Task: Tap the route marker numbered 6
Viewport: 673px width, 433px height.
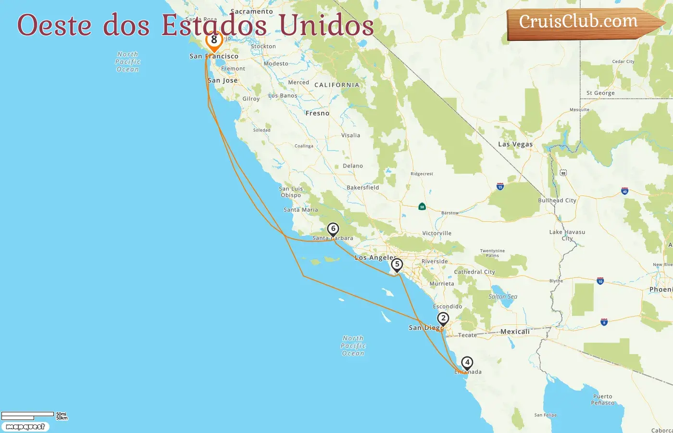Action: pos(333,229)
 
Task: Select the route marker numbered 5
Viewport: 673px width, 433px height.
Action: pos(397,265)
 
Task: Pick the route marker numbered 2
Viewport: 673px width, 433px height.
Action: pos(443,318)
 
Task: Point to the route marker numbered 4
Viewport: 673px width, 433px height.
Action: pos(467,362)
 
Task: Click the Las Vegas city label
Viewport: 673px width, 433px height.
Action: pos(515,144)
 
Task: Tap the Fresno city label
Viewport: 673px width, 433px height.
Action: pos(317,114)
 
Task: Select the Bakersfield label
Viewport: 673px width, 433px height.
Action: pos(362,188)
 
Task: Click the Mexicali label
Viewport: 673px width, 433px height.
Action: pos(515,331)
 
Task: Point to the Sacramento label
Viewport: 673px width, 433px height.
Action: pos(251,12)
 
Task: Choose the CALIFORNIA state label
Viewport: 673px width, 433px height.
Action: pos(336,85)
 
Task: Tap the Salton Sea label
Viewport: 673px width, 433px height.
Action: pos(503,296)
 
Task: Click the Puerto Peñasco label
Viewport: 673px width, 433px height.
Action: pos(602,400)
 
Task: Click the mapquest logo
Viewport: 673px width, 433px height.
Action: pos(25,427)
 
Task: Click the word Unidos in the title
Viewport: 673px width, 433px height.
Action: pos(326,25)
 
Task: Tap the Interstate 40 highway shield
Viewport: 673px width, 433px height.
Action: pos(624,191)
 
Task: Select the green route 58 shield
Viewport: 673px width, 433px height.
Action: pos(422,206)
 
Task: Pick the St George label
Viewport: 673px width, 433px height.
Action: pos(600,93)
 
